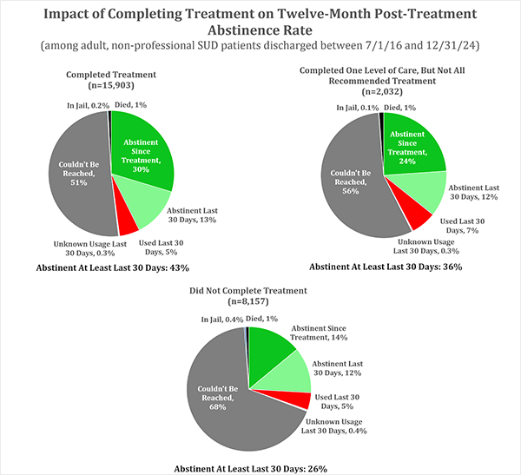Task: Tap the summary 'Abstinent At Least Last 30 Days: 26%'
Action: point(250,468)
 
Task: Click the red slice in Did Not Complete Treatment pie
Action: point(298,400)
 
